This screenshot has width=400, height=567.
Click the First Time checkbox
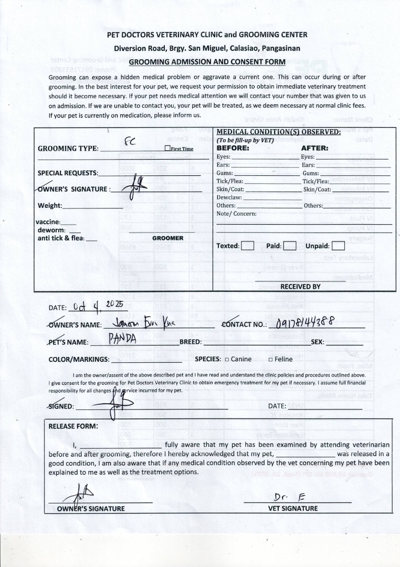point(167,149)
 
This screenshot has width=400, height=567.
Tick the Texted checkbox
point(248,246)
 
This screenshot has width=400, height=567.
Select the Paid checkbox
point(290,246)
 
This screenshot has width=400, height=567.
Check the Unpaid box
point(339,246)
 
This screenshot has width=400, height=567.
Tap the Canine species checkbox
point(227,360)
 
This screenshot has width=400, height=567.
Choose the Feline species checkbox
point(270,360)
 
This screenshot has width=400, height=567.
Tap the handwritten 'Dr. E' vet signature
point(286,497)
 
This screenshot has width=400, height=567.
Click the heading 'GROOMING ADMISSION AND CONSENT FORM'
point(207,62)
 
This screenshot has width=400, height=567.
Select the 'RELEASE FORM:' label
point(73,426)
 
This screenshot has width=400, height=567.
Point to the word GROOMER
point(168,238)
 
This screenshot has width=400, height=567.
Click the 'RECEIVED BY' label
point(300,287)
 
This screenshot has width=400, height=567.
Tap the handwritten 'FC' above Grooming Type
point(129,141)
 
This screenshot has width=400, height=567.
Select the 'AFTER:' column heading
point(314,148)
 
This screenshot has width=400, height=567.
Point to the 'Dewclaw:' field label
point(229,197)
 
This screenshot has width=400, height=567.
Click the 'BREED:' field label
point(191,342)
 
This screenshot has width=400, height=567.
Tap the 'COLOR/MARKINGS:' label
point(79,360)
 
